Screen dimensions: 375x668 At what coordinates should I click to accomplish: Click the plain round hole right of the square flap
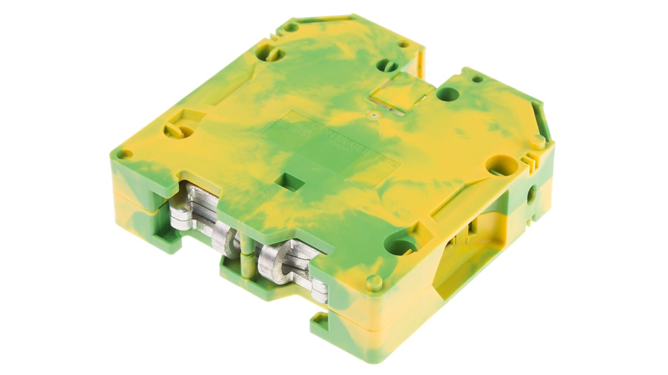[447, 94]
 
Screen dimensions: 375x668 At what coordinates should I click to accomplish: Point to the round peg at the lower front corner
[374, 282]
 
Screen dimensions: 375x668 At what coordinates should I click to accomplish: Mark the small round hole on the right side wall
[532, 194]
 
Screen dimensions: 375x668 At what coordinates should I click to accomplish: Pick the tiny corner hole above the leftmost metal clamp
[124, 154]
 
